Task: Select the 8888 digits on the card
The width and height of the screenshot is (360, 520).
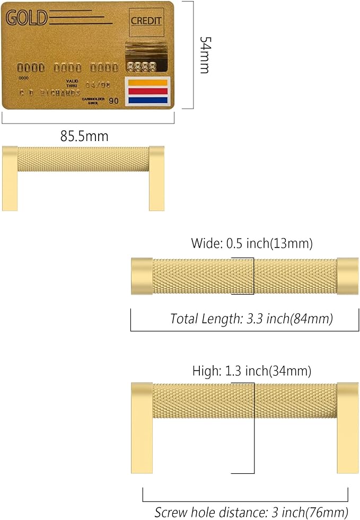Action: (x=141, y=67)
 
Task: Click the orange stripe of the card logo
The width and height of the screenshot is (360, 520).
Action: (x=147, y=83)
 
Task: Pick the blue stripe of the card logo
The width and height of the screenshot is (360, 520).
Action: (x=147, y=99)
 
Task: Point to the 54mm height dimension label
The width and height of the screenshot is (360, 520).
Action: (x=205, y=55)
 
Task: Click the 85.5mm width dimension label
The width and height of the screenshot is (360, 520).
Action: (x=84, y=136)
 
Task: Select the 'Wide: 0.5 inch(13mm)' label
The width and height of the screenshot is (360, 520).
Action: (x=252, y=244)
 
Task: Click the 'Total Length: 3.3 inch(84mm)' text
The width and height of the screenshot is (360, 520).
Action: (x=251, y=319)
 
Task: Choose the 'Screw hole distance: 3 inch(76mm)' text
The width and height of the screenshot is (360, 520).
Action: (x=251, y=512)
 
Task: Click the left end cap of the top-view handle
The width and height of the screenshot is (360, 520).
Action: (x=142, y=276)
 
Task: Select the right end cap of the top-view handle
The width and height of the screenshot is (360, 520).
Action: (x=347, y=276)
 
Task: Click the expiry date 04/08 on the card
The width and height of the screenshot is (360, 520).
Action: (x=97, y=84)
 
